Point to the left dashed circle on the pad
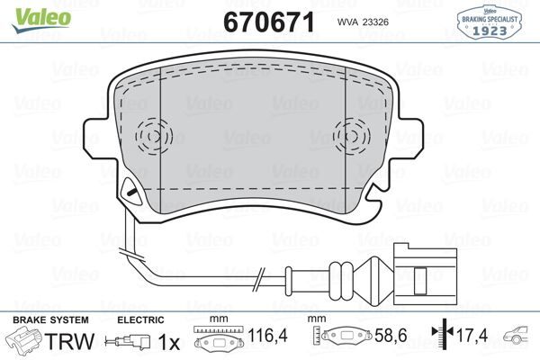pyautogui.click(x=154, y=137)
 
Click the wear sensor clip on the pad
pyautogui.click(x=131, y=190)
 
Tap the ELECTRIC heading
pyautogui.click(x=139, y=320)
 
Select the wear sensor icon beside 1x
pyautogui.click(x=130, y=342)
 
